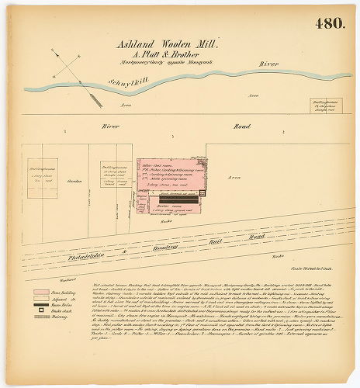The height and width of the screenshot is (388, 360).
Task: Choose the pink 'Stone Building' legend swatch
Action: (40, 293)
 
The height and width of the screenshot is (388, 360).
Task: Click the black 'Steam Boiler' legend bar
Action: (40, 305)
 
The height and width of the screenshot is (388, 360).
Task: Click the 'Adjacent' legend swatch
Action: (40, 300)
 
